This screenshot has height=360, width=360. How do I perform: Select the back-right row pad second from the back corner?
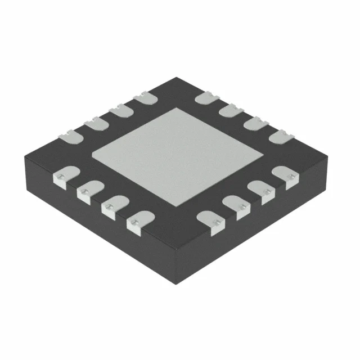click(230, 111)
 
